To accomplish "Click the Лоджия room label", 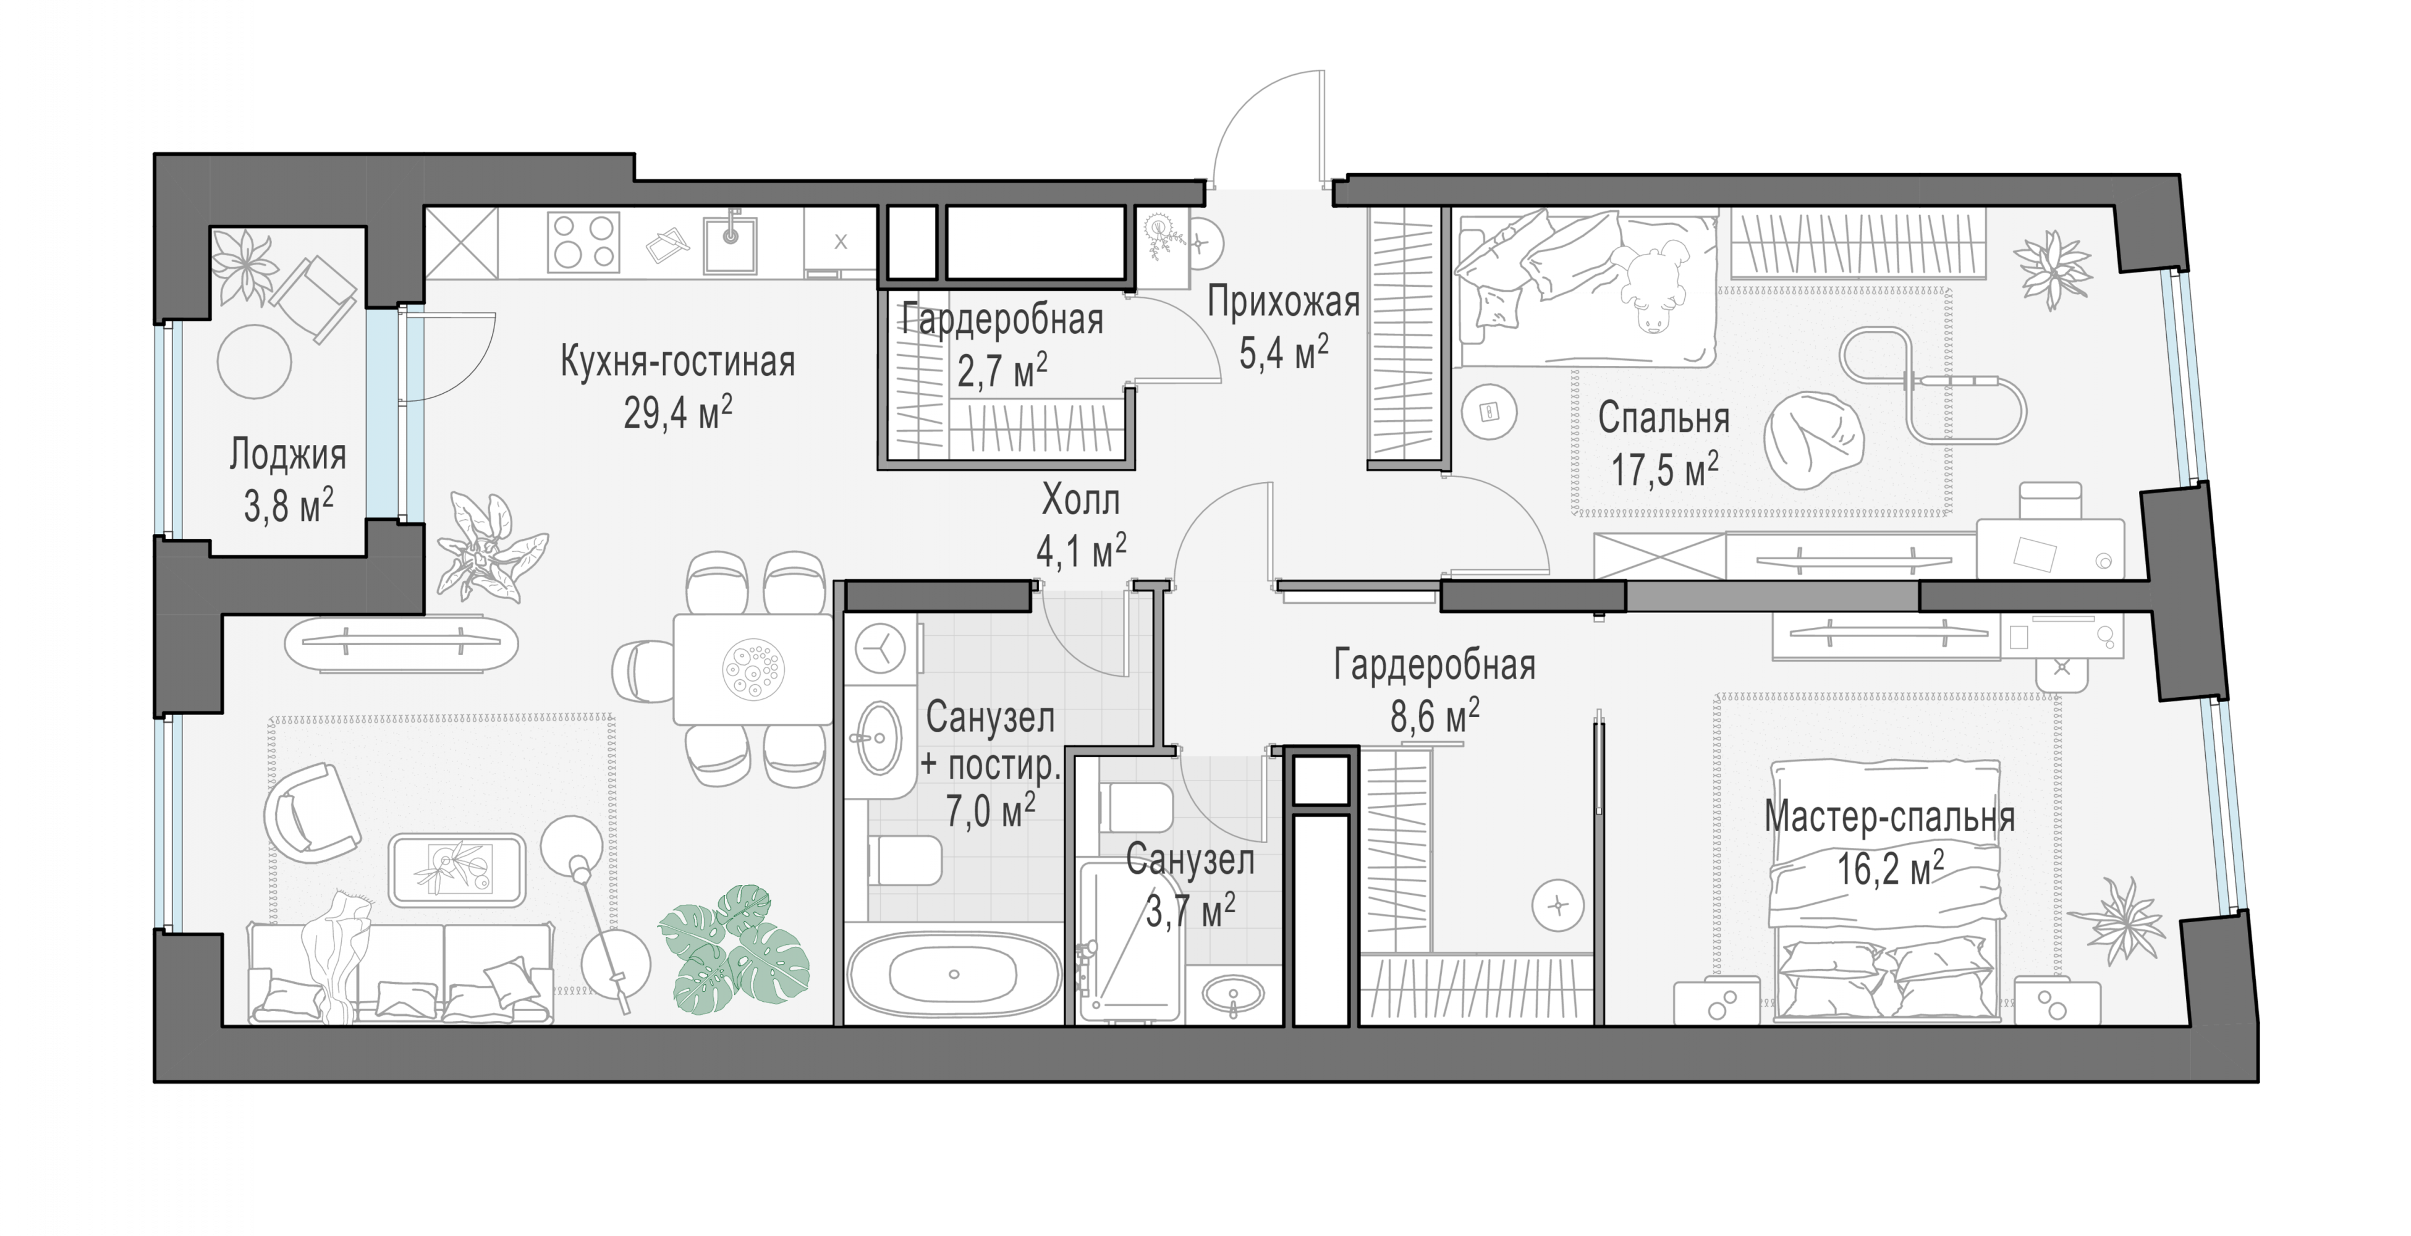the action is point(287,455).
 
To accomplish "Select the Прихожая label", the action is point(1282,302).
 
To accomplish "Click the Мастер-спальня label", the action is point(1889,817).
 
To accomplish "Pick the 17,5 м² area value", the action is point(1664,470).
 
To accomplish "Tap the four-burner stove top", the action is point(585,242).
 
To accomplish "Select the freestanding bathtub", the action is point(953,973).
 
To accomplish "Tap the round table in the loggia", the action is point(253,360).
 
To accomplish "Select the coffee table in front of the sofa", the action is point(457,870).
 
